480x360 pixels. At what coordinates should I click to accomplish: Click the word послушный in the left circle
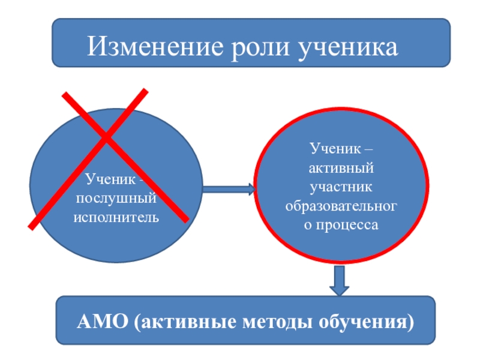click(117, 197)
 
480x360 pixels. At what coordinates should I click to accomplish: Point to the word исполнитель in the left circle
click(117, 215)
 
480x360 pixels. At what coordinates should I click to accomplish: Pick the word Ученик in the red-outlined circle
click(334, 146)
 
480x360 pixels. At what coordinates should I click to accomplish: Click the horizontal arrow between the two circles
click(228, 190)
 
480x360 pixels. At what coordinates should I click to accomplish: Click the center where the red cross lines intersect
click(107, 142)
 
